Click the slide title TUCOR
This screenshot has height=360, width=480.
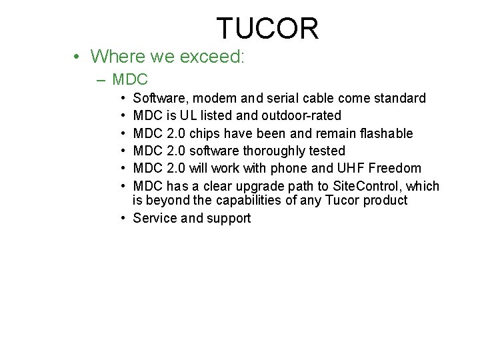tap(267, 28)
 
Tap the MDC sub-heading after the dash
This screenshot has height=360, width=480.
tap(130, 80)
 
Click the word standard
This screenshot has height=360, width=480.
tap(400, 99)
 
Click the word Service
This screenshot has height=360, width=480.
tap(154, 218)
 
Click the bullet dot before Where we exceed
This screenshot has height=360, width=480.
tap(77, 57)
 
